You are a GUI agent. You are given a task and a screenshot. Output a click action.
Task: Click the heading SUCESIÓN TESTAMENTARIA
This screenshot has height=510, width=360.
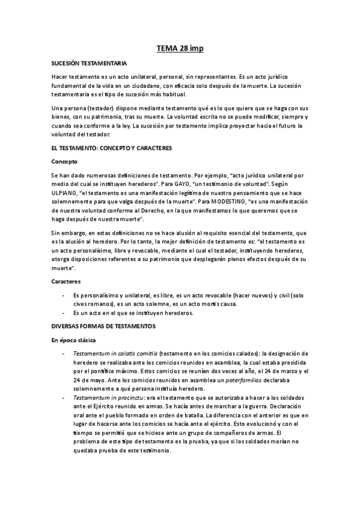89,63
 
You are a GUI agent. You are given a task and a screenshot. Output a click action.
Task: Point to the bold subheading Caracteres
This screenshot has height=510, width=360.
66,281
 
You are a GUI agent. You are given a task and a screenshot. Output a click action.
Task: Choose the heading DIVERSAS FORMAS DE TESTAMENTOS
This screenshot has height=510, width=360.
103,326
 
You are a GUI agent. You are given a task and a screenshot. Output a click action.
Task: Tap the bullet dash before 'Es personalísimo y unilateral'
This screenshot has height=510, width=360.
64,295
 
